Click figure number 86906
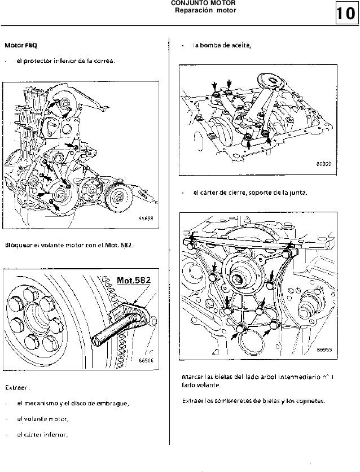point(147,361)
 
